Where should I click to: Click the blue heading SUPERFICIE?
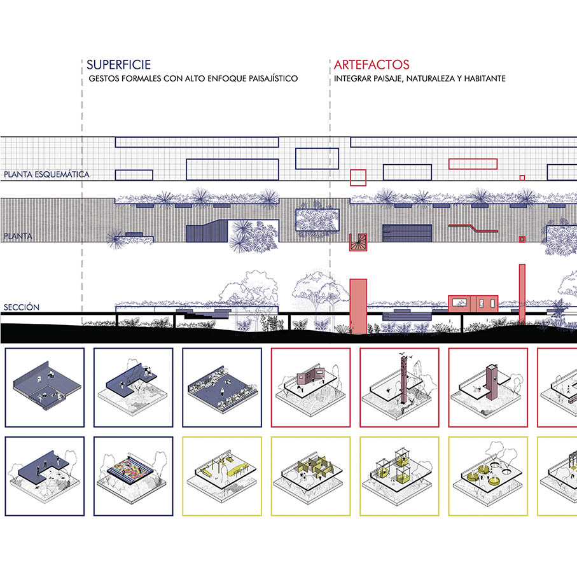click(x=118, y=64)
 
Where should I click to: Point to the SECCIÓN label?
click(x=21, y=307)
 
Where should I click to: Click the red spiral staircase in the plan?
click(x=358, y=242)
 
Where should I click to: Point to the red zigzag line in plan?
click(x=474, y=227)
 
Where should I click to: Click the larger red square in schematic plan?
click(x=358, y=176)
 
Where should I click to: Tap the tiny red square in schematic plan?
click(x=522, y=177)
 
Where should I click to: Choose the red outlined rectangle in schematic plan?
click(x=472, y=163)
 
